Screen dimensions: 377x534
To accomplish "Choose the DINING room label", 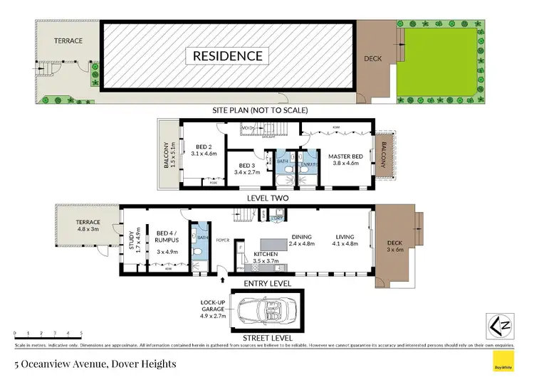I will (x=303, y=239).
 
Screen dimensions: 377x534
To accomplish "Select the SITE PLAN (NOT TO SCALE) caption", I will (x=260, y=111).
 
